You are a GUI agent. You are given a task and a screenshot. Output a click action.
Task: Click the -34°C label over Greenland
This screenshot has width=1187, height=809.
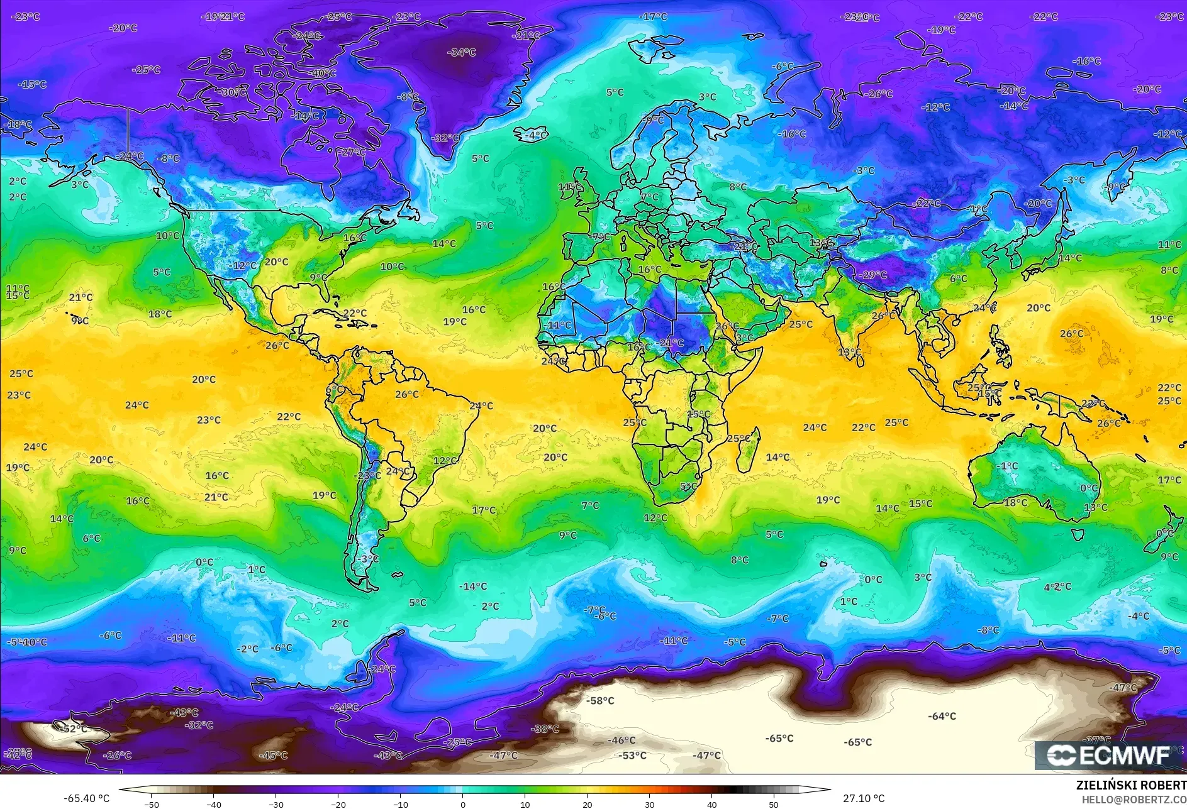(x=461, y=52)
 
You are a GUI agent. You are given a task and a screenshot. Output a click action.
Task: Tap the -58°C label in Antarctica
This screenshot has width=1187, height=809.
(x=600, y=700)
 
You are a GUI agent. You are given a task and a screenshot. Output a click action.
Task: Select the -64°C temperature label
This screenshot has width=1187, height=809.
(x=942, y=716)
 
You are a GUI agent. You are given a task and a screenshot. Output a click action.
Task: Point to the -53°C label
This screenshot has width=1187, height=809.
(x=632, y=756)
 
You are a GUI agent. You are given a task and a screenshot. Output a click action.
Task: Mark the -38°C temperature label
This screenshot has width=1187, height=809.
(x=545, y=729)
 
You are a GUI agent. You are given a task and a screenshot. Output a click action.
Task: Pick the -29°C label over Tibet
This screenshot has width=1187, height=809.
(x=873, y=275)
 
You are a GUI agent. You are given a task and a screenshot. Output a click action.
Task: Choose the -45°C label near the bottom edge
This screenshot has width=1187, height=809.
(x=274, y=756)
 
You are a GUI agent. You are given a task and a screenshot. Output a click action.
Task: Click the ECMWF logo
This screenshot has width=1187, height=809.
(x=1109, y=755)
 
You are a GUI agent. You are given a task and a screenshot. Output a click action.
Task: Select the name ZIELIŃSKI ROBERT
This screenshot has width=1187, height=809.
(x=1130, y=785)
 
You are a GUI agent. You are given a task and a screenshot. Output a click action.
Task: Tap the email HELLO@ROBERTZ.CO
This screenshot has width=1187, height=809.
(x=1134, y=800)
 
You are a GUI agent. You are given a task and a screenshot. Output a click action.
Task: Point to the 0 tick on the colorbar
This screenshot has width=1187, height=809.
(x=463, y=804)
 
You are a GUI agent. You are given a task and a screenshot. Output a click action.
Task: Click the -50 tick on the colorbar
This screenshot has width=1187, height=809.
(x=152, y=804)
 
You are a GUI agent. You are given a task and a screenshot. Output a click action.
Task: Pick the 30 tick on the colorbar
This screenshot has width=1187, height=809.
(x=649, y=804)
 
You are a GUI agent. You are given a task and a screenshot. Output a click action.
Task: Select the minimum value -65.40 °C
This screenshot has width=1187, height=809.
(x=86, y=798)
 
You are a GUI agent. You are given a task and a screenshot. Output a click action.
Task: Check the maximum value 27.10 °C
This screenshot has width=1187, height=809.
(x=863, y=798)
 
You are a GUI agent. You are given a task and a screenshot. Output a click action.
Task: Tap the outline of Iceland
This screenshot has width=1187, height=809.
(x=530, y=134)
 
